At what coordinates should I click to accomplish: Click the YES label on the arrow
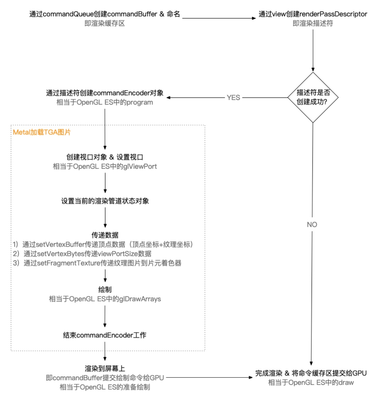pyautogui.click(x=233, y=98)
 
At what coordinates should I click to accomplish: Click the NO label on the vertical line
pyautogui.click(x=312, y=224)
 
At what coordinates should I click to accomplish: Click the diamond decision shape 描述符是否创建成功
pyautogui.click(x=313, y=97)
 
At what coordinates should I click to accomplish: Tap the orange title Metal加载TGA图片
pyautogui.click(x=42, y=132)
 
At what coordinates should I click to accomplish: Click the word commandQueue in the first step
pyautogui.click(x=68, y=14)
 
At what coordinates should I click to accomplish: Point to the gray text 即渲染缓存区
pyautogui.click(x=104, y=23)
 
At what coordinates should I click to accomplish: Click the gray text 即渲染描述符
pyautogui.click(x=313, y=23)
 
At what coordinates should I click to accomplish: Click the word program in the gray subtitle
pyautogui.click(x=139, y=102)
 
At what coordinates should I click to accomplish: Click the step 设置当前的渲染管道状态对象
pyautogui.click(x=105, y=201)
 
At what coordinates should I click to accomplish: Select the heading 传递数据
pyautogui.click(x=105, y=235)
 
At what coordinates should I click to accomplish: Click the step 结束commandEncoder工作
pyautogui.click(x=105, y=335)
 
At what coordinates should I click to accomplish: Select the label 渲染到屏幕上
pyautogui.click(x=105, y=368)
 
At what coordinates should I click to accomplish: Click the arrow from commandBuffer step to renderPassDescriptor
pyautogui.click(x=219, y=18)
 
